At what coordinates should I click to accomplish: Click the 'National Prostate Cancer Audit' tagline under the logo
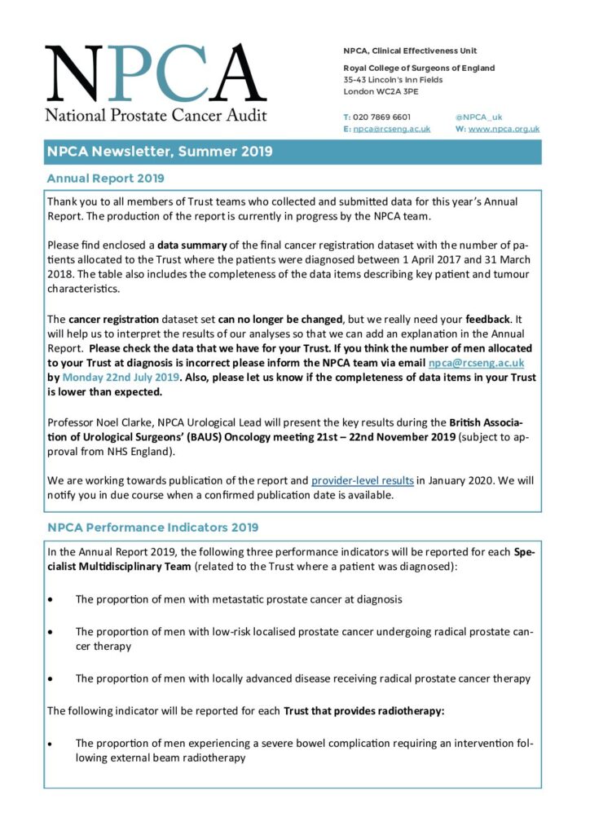tap(155, 115)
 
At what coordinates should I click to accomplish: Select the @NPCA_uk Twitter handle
tap(478, 117)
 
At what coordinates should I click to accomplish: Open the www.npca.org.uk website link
tap(504, 129)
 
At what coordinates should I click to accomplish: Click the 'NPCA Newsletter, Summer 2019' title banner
tap(160, 152)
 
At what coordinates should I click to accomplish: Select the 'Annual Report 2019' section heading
tap(105, 178)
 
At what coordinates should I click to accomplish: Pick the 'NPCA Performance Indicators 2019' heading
tap(152, 528)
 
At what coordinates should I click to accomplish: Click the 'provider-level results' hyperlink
tap(363, 480)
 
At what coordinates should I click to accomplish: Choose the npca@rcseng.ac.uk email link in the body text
tap(477, 363)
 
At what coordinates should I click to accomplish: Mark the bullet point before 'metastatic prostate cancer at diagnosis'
tap(51, 599)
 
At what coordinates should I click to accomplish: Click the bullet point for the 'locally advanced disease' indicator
tap(51, 678)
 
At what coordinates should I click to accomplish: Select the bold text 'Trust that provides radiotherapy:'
tap(363, 710)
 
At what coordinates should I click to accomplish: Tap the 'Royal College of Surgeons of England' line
tap(419, 68)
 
